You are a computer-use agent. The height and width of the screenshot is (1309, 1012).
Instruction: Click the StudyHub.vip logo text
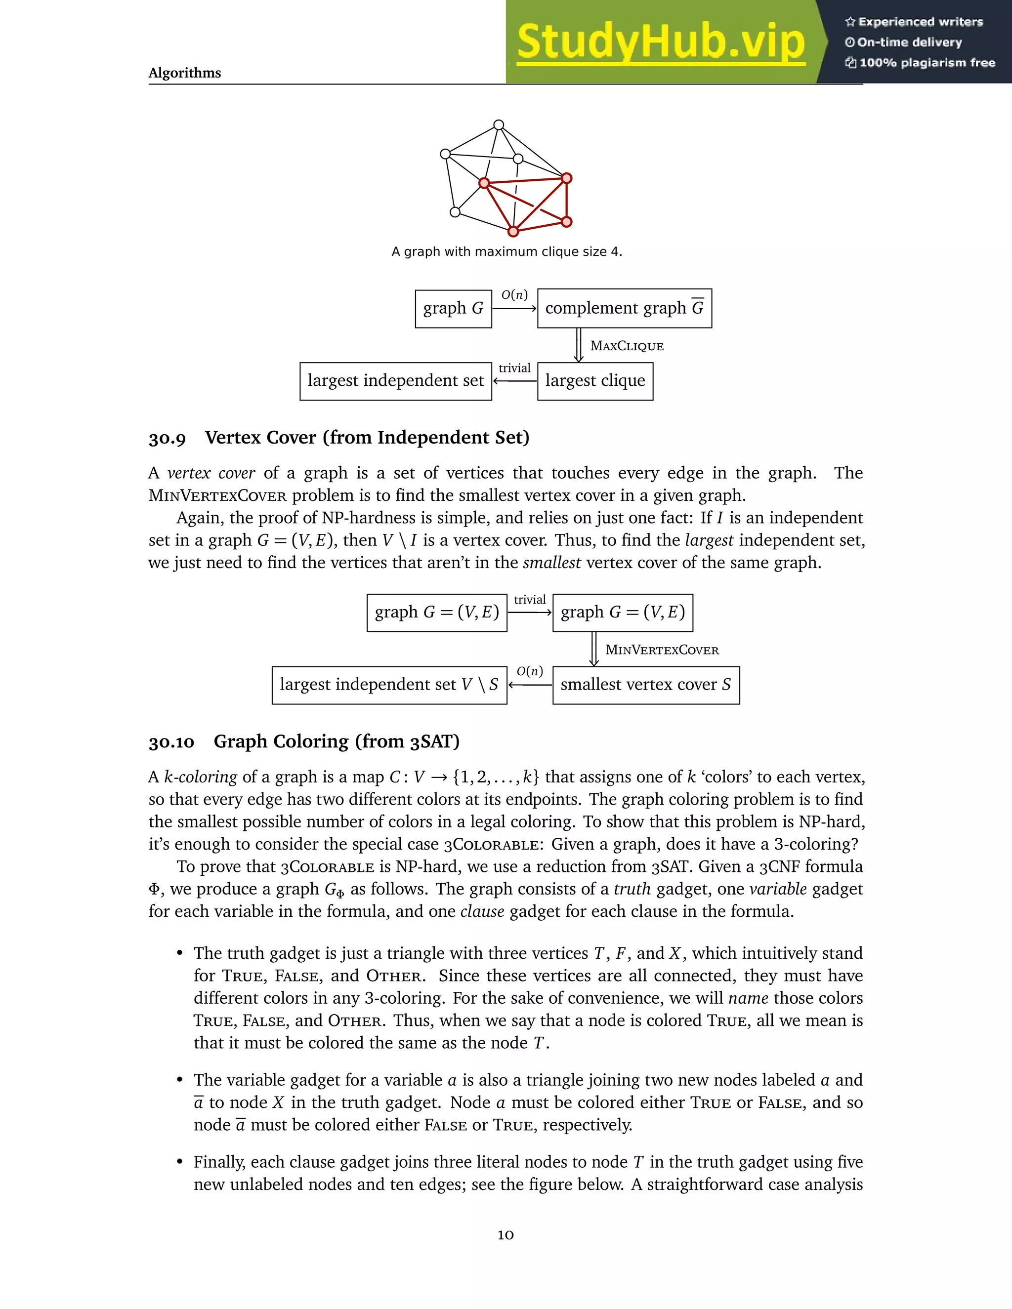tap(661, 42)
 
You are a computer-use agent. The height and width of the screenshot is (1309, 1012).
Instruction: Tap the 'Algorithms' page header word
tap(185, 73)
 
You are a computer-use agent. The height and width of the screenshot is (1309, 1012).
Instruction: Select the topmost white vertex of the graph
tap(499, 124)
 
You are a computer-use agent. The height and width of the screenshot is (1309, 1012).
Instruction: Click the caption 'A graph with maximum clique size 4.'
tap(506, 252)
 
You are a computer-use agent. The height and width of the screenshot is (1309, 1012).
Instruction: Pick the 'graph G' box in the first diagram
tap(453, 309)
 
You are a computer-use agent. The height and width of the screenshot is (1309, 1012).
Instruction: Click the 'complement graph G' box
tap(624, 309)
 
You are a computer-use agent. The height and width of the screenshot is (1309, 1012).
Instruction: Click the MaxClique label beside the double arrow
tap(627, 346)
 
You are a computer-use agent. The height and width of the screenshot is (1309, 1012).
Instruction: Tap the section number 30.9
tap(168, 438)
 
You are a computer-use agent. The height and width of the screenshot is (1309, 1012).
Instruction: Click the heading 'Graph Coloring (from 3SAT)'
tap(337, 742)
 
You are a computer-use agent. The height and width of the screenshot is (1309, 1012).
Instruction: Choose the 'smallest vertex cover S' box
tap(646, 685)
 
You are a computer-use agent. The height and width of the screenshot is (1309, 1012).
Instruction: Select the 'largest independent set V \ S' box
tap(389, 685)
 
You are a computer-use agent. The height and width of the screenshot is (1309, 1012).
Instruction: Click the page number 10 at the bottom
tap(506, 1235)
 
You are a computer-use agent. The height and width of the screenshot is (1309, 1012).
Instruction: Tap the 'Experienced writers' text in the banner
tap(920, 22)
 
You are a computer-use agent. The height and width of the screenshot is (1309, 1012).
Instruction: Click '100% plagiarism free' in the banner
tap(927, 63)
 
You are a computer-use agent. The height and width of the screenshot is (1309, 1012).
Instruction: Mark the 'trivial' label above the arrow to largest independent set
tap(514, 368)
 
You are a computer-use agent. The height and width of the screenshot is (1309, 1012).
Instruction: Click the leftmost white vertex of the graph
tap(445, 154)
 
